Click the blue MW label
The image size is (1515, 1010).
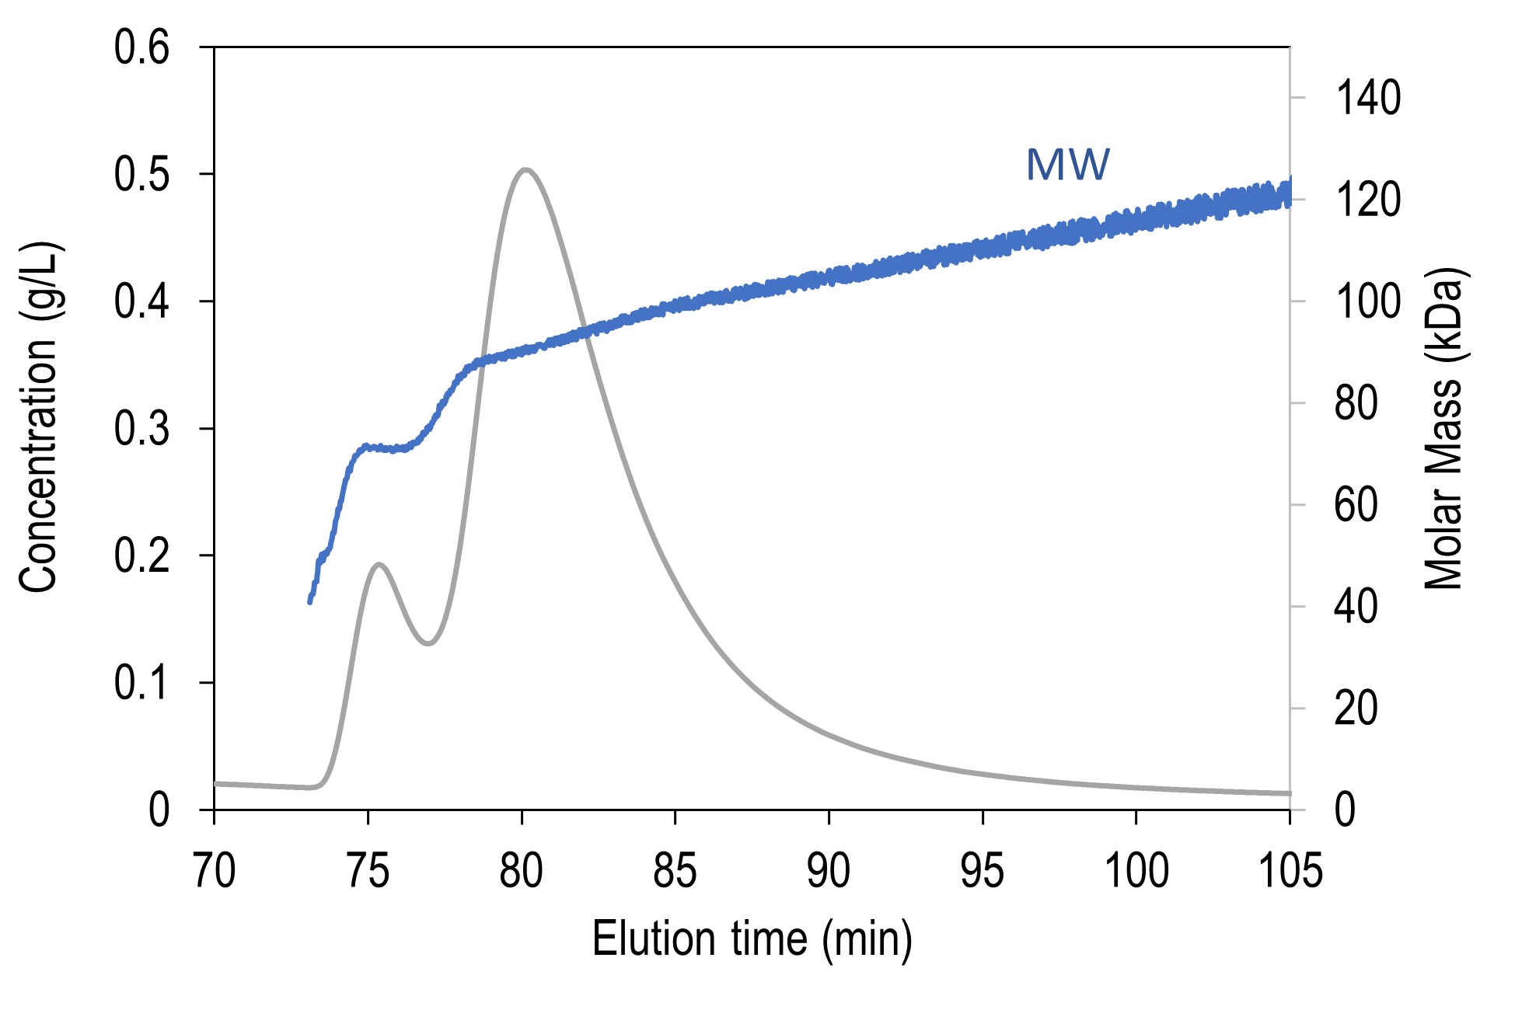pyautogui.click(x=1067, y=165)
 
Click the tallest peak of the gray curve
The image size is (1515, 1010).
pyautogui.click(x=526, y=169)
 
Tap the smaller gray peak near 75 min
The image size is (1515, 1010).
pyautogui.click(x=379, y=565)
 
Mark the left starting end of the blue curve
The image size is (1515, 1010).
pyautogui.click(x=309, y=601)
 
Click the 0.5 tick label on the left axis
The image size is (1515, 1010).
pyautogui.click(x=141, y=174)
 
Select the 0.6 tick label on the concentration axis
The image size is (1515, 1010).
pyautogui.click(x=141, y=47)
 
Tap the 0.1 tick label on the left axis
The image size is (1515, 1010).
pyautogui.click(x=141, y=684)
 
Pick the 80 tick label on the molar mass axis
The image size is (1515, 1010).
pyautogui.click(x=1356, y=403)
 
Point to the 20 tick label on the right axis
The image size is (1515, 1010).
pyautogui.click(x=1356, y=709)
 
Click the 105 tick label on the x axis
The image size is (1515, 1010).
pyautogui.click(x=1290, y=870)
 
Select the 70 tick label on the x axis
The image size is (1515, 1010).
pyautogui.click(x=214, y=870)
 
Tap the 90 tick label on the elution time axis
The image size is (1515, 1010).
pyautogui.click(x=829, y=870)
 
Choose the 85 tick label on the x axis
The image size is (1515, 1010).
pyautogui.click(x=675, y=870)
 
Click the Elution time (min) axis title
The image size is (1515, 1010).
pyautogui.click(x=752, y=939)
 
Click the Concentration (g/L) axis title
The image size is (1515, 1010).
pyautogui.click(x=39, y=420)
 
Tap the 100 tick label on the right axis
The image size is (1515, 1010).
pyautogui.click(x=1367, y=301)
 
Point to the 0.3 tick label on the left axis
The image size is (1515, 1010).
pyautogui.click(x=141, y=429)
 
